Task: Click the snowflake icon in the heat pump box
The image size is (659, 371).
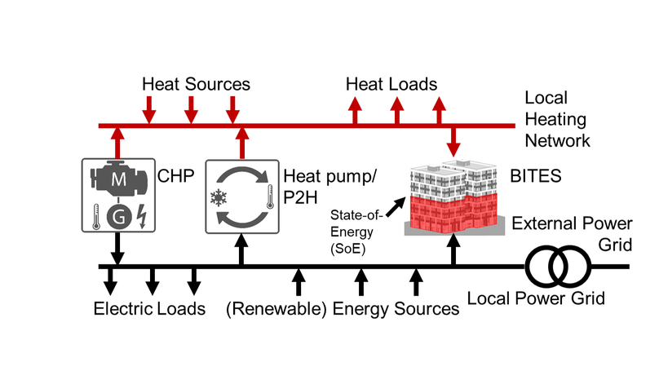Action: click(219, 197)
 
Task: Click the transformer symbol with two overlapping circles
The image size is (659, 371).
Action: click(557, 266)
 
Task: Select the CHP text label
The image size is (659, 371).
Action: click(167, 175)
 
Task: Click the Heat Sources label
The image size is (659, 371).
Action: click(196, 84)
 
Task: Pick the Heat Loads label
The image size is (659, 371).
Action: click(391, 84)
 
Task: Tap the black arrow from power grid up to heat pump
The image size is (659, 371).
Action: click(241, 250)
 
